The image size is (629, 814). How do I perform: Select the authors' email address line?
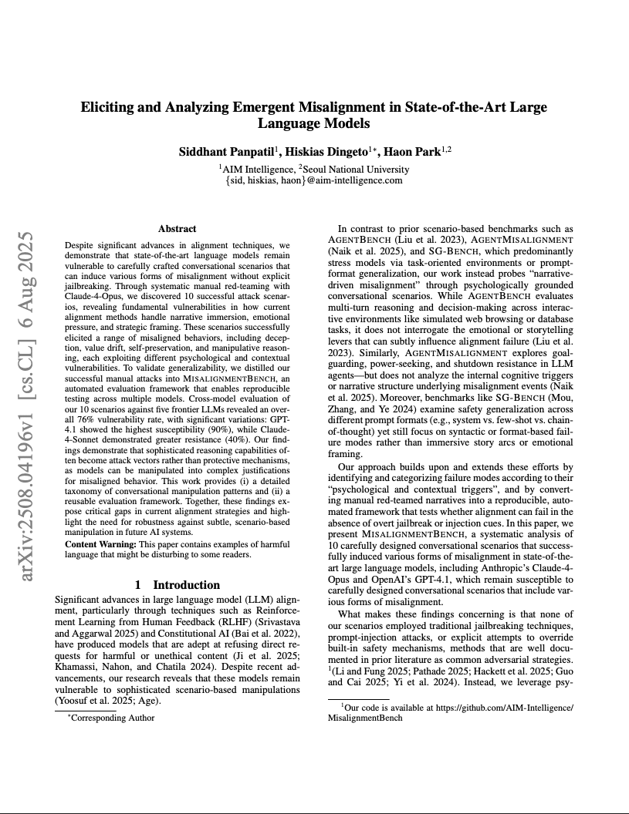click(x=314, y=180)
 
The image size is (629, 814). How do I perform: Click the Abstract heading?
click(x=177, y=229)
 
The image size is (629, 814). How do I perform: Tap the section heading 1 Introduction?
click(x=177, y=584)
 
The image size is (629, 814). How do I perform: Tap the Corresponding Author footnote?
click(x=112, y=718)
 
